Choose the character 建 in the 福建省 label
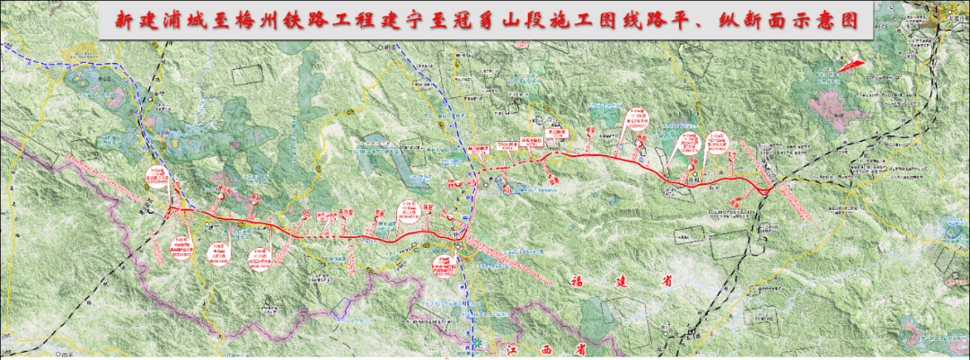coord(622,281)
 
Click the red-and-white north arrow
coord(849,64)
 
